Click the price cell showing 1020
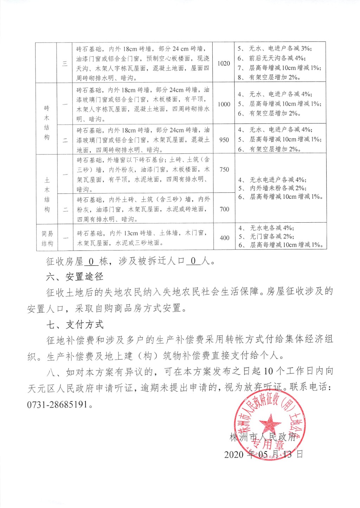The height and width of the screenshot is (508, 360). [224, 63]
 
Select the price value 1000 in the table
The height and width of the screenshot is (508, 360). [224, 104]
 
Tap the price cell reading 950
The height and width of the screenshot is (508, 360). [224, 140]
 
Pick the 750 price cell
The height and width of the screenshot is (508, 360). [224, 170]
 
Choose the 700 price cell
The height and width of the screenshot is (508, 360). [224, 209]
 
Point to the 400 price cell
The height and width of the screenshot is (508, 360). [224, 238]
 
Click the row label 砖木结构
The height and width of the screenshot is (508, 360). [47, 122]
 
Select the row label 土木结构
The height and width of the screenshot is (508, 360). [47, 195]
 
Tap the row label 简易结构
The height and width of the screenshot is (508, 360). [47, 238]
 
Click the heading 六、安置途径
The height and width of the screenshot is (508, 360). [75, 277]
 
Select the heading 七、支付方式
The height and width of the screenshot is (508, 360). [75, 324]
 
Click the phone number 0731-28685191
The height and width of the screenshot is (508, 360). [57, 404]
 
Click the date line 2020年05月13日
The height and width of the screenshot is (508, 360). [263, 454]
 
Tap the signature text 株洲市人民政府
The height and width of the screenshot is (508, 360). [263, 437]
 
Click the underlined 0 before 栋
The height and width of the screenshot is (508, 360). [91, 261]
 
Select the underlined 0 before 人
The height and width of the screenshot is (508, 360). [193, 261]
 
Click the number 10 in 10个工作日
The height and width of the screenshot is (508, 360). [268, 371]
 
